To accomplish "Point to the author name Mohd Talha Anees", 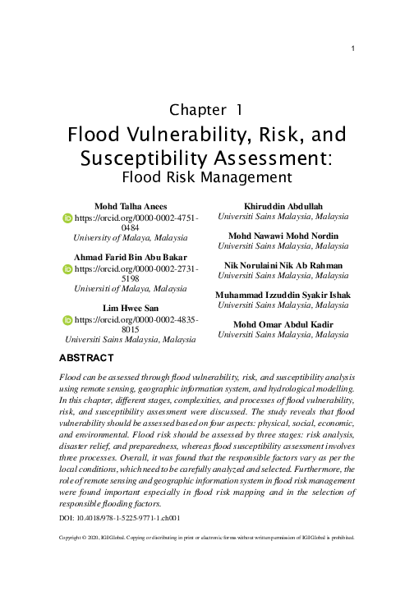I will coord(131,206).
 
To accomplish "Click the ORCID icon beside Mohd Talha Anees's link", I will coord(68,220).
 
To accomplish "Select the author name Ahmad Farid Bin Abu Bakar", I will coord(131,257).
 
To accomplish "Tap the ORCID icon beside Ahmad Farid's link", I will coord(68,270).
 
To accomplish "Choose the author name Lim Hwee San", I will coord(131,307).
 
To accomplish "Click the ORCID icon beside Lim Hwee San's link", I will coord(68,320).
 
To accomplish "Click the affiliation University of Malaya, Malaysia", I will coord(131,237).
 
